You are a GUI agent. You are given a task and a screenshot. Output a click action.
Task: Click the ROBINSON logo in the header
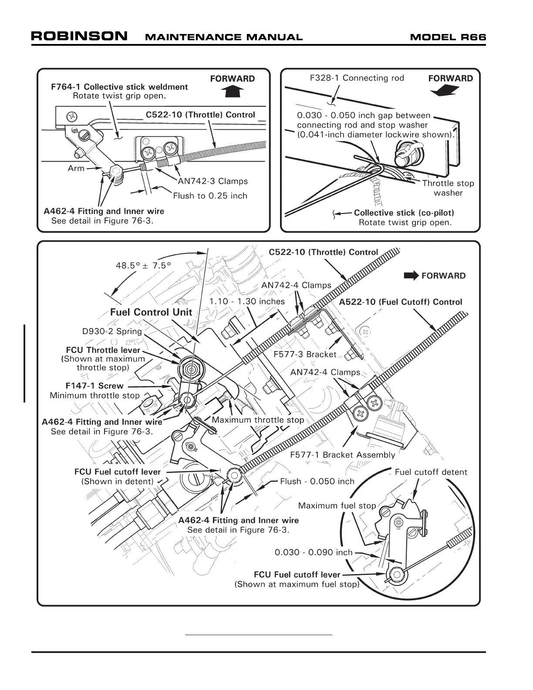coord(79,36)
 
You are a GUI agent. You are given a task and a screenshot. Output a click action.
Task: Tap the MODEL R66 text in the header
coord(448,37)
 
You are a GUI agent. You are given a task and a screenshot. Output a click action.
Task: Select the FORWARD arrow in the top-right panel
coord(444,90)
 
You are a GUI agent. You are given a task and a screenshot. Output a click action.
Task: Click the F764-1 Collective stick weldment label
coord(119,87)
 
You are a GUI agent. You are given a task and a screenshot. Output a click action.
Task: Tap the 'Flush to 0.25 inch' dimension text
coord(210,196)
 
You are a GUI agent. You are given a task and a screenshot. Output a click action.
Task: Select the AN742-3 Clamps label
coord(213,181)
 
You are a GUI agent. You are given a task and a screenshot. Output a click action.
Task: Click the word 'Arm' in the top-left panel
coord(76,168)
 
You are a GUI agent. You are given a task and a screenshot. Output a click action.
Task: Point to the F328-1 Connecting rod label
coord(357,78)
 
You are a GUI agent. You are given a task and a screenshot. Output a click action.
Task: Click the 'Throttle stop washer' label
coord(448,188)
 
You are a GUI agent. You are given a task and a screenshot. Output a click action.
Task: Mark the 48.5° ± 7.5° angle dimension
coord(143,265)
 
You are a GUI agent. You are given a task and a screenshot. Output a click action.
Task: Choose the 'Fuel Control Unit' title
coord(151,312)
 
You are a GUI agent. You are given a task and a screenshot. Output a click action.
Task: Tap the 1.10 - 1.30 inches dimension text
coord(246,301)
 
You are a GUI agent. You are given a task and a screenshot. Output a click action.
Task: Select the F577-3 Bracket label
coord(305,354)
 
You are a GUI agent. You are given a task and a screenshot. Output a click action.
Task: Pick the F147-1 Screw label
coord(94,386)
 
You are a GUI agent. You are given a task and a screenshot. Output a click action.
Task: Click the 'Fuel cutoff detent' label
coord(431,472)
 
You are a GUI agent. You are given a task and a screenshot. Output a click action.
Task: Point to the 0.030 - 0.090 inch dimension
coord(313,552)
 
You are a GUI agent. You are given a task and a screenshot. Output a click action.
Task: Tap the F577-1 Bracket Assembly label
coord(342,455)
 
